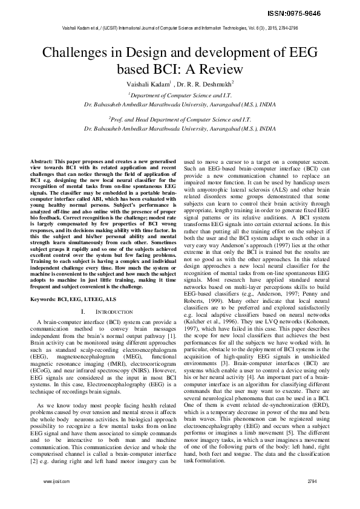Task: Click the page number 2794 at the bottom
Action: (312, 497)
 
